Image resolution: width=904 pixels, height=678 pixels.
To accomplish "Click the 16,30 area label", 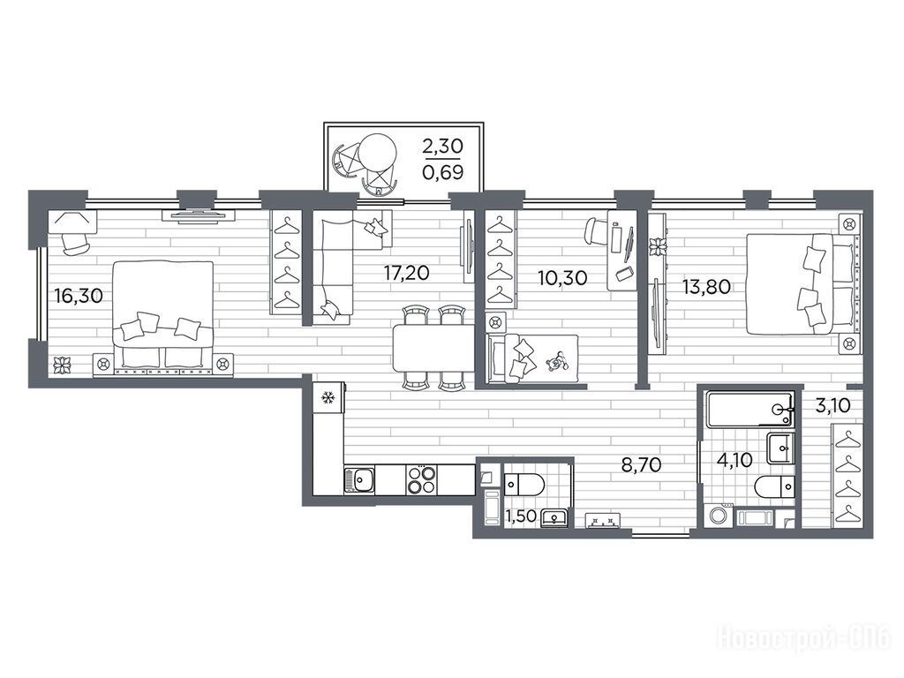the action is click(79, 296).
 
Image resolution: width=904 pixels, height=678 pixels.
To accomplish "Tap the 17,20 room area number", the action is click(406, 272).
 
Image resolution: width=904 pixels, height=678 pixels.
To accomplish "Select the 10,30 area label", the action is click(562, 278).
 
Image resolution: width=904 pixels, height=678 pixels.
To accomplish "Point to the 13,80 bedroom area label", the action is click(707, 286).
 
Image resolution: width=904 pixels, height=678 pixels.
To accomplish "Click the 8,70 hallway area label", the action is click(641, 464).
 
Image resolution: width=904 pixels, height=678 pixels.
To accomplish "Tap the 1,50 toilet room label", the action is click(521, 517).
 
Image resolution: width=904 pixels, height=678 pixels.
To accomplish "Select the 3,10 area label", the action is click(832, 406).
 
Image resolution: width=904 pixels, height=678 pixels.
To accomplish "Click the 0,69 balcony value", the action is click(443, 172).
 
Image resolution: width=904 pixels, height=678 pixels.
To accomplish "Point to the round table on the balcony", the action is click(378, 153).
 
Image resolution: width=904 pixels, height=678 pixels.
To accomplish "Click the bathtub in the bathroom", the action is click(750, 410).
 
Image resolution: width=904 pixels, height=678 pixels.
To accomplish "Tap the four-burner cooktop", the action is click(421, 479).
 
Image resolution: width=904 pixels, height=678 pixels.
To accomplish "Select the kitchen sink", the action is click(359, 480).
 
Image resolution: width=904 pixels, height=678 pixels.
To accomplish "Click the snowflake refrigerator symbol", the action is click(328, 397).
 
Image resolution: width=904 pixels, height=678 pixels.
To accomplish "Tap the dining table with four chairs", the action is click(433, 348).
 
